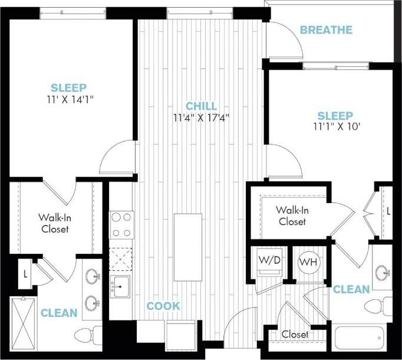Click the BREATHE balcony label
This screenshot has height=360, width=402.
tap(326, 30)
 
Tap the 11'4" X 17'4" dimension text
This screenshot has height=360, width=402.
tap(201, 117)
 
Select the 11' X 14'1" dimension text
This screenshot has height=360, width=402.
tap(72, 99)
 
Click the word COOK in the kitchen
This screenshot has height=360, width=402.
tap(163, 306)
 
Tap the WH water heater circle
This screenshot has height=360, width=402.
tap(308, 261)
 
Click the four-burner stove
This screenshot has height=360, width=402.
tap(122, 224)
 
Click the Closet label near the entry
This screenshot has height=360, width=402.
tap(294, 334)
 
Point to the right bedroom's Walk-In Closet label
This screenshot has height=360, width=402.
tap(291, 215)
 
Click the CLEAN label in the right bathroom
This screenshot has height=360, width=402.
tap(351, 289)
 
